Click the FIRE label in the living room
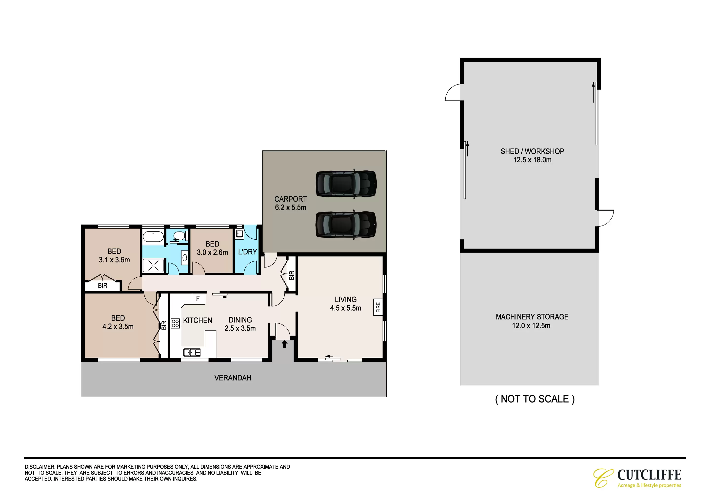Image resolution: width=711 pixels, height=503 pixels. [x=378, y=307]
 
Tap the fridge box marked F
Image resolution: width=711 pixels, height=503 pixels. [x=198, y=298]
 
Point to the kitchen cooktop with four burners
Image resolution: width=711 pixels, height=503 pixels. [x=175, y=323]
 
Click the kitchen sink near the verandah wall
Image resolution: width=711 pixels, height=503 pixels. [x=192, y=352]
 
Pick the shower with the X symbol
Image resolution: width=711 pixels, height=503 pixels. [x=153, y=266]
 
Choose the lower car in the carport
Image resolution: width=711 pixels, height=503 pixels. [x=346, y=225]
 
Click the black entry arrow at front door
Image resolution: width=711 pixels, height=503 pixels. [x=285, y=344]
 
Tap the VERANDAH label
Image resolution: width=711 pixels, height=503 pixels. [x=233, y=378]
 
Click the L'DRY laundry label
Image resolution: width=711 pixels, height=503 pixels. [x=247, y=252]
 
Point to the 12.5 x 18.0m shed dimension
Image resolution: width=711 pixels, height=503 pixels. [x=532, y=160]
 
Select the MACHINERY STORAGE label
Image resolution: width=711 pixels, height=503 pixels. [x=532, y=317]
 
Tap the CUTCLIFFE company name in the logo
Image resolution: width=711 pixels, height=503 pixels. [x=649, y=475]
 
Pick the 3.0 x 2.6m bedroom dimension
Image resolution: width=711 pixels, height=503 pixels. [x=212, y=252]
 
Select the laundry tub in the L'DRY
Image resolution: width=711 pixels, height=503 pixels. [x=239, y=233]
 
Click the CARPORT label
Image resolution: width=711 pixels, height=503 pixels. [x=291, y=199]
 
